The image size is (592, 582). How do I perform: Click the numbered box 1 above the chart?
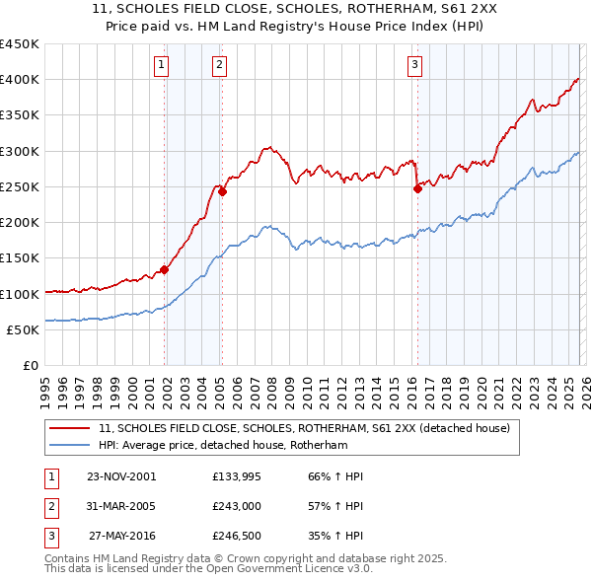point(161,65)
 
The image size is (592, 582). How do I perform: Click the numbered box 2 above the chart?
point(218,65)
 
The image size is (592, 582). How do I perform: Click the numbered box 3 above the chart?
point(414,65)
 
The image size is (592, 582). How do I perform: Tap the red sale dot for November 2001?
point(165,269)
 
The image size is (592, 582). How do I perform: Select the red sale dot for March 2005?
point(222,191)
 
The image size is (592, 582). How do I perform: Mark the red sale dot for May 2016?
point(417,188)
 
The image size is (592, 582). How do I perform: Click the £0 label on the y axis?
point(30,366)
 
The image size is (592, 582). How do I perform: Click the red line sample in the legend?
point(70,428)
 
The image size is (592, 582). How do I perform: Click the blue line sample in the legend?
point(70,446)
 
